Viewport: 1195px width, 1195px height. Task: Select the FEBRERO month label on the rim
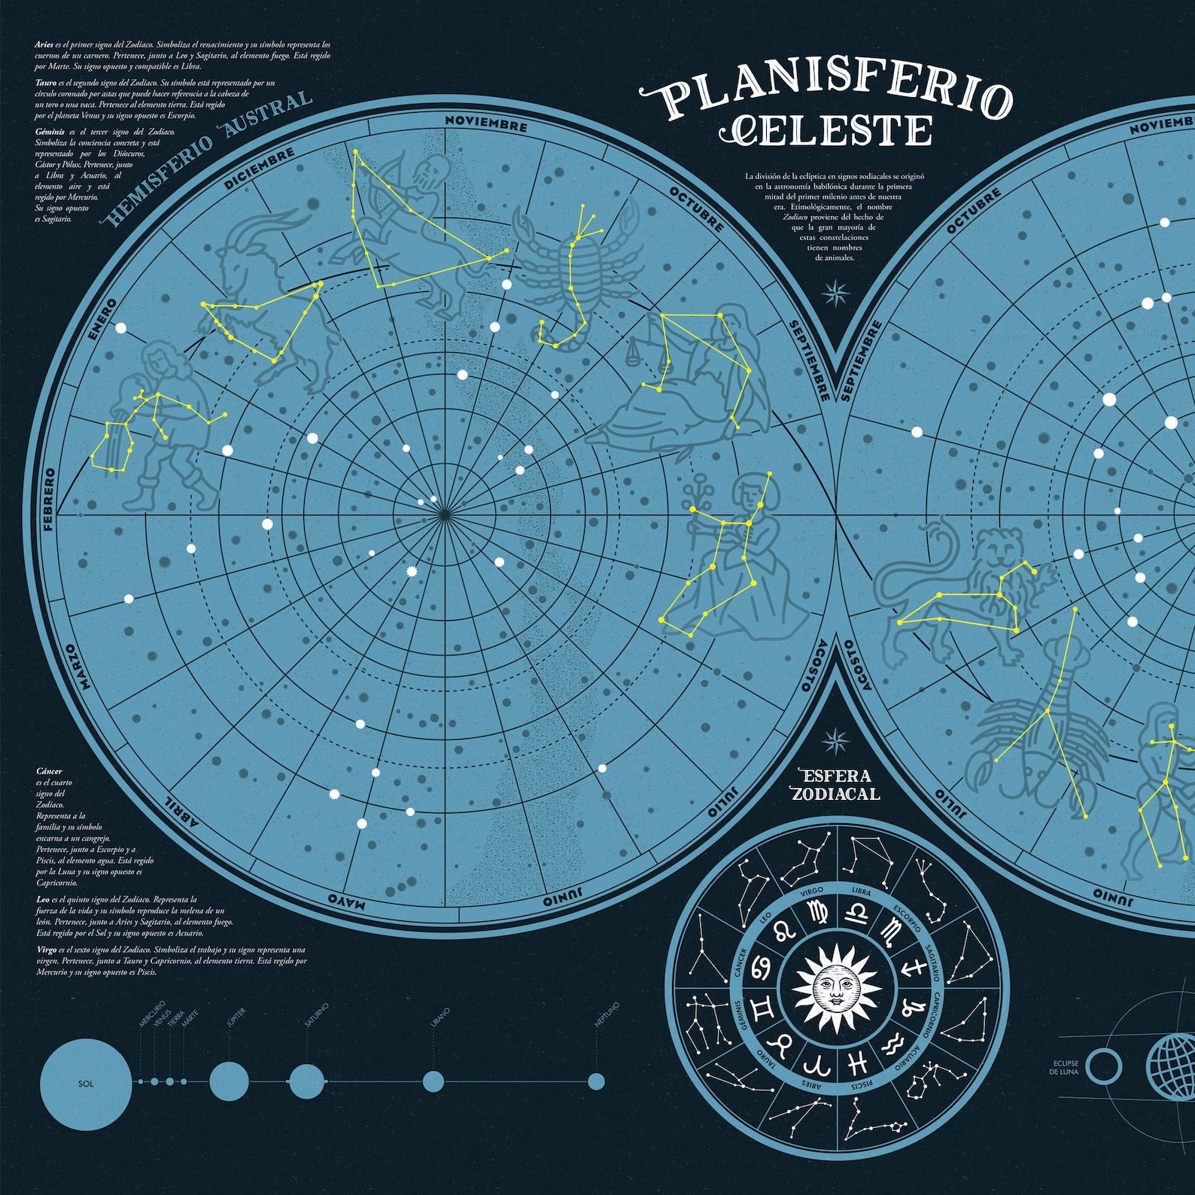click(50, 500)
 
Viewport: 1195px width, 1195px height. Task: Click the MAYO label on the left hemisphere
click(347, 901)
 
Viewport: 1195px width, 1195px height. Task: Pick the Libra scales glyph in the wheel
click(858, 914)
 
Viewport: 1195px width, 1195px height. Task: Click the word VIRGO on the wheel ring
click(812, 891)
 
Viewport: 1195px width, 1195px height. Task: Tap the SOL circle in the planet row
click(87, 1083)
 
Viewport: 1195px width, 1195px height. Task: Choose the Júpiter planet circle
click(229, 1082)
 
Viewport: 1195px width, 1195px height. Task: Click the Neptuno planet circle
click(596, 1081)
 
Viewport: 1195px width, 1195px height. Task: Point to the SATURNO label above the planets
click(317, 1016)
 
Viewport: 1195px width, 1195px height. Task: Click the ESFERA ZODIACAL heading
click(835, 785)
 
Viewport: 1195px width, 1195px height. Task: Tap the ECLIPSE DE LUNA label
click(1065, 1068)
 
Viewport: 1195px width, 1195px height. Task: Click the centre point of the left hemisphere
click(445, 514)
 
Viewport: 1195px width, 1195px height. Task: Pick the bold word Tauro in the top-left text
click(44, 83)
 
